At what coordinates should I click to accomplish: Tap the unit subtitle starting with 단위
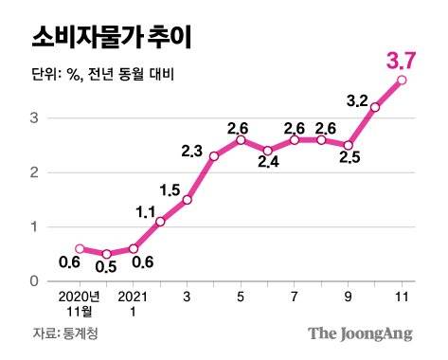coord(96,74)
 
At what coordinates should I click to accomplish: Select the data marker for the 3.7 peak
coord(403,81)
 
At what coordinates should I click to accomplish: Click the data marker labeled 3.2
coord(376,107)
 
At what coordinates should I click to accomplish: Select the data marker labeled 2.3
coord(214,155)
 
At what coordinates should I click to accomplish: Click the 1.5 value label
coord(171,190)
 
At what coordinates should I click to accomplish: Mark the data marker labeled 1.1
coord(160,221)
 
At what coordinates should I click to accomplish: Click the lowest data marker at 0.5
coord(107,254)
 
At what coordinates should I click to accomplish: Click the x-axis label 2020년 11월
coord(80,303)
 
